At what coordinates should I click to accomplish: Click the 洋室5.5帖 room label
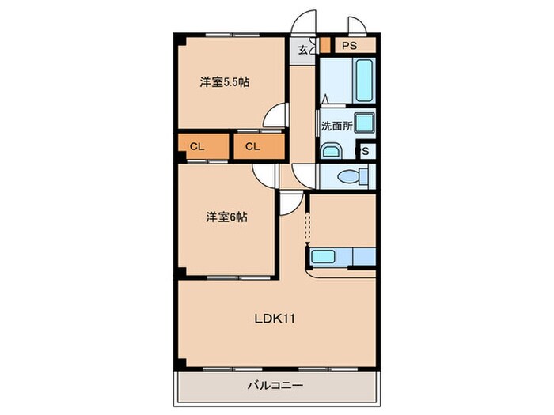click(x=225, y=81)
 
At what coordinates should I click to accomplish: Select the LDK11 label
click(x=275, y=319)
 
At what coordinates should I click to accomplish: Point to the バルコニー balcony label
click(x=276, y=385)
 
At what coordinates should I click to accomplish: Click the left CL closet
click(x=198, y=146)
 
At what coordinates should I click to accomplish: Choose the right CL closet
click(x=253, y=146)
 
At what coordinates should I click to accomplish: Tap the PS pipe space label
click(x=350, y=46)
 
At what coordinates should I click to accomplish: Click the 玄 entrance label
click(x=303, y=49)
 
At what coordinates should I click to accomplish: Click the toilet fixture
click(x=349, y=175)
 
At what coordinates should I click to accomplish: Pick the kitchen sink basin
click(x=326, y=256)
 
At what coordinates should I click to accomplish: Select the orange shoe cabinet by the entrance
click(x=324, y=45)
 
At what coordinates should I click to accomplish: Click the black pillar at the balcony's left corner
click(x=180, y=364)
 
